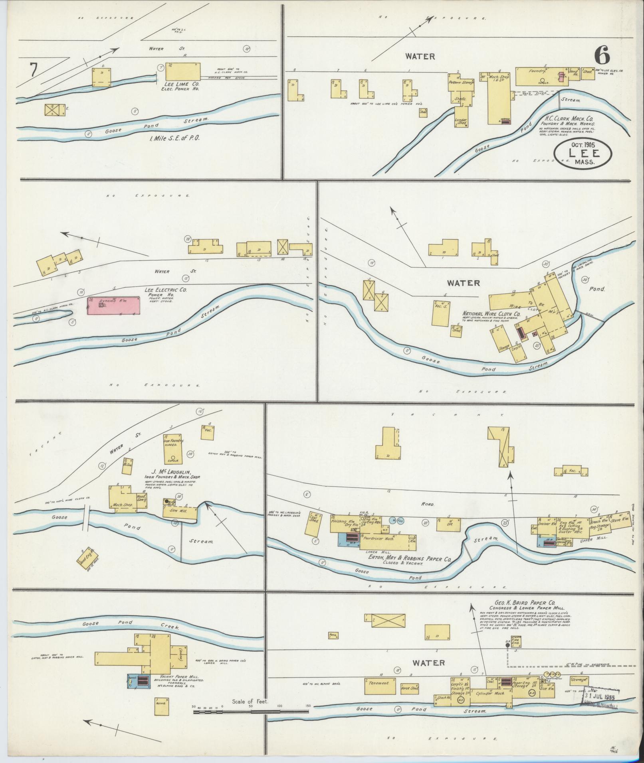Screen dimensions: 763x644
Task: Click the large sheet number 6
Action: point(602,55)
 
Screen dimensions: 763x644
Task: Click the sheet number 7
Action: point(33,71)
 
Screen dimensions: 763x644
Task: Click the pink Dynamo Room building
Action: point(114,306)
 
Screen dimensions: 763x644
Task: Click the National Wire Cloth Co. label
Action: point(491,314)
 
